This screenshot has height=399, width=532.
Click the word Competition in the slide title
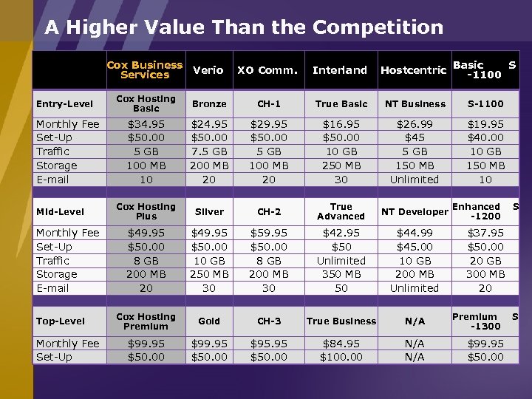click(x=378, y=28)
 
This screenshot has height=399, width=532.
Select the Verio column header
click(x=208, y=70)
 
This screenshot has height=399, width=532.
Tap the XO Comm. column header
click(x=267, y=70)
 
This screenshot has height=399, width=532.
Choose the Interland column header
click(x=339, y=70)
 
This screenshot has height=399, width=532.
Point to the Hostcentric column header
click(x=413, y=70)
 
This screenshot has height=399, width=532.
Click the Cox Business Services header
click(x=145, y=69)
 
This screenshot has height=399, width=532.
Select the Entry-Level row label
click(x=65, y=104)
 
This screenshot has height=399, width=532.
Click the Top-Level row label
click(x=61, y=321)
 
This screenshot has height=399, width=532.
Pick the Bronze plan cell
click(x=209, y=104)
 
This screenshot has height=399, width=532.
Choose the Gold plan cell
click(x=209, y=321)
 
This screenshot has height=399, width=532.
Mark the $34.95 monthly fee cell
click(x=146, y=125)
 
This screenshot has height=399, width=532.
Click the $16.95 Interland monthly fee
click(x=341, y=125)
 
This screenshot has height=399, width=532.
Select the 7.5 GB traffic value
click(x=209, y=152)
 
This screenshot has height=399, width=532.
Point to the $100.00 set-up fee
click(x=341, y=358)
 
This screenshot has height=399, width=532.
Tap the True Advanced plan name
click(x=341, y=211)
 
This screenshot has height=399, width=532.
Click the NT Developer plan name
click(x=414, y=212)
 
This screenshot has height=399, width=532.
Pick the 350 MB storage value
click(x=341, y=274)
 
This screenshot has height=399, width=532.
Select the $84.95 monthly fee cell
click(x=341, y=344)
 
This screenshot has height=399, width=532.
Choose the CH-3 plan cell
click(x=269, y=321)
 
